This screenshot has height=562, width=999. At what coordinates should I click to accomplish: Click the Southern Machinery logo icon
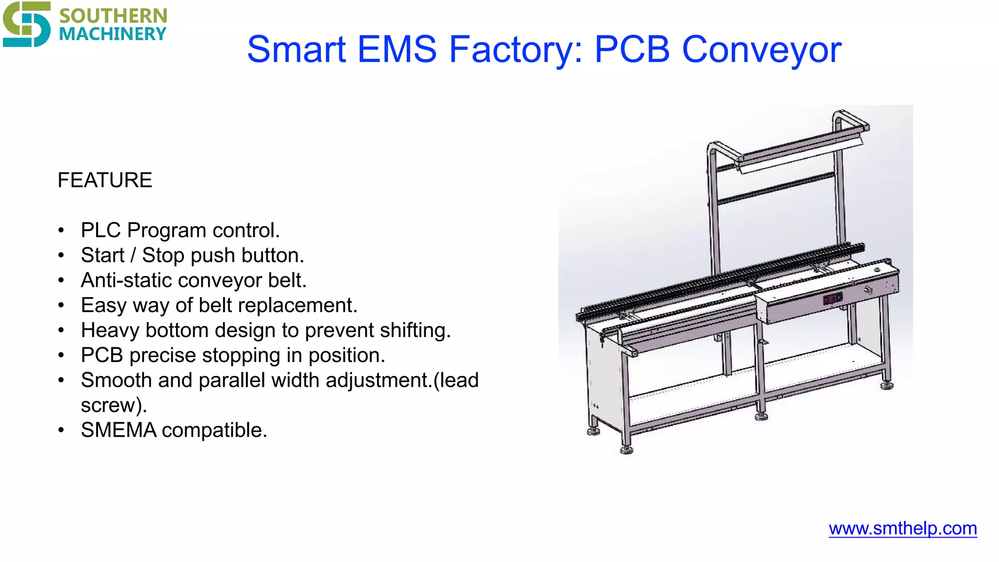(26, 24)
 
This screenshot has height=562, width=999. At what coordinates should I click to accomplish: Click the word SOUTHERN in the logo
(113, 16)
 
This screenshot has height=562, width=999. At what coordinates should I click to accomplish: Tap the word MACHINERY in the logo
(113, 34)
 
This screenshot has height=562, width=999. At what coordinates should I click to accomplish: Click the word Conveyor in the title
(761, 49)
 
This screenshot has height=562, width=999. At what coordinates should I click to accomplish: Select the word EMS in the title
(397, 49)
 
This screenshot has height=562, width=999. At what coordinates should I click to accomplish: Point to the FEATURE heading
(105, 180)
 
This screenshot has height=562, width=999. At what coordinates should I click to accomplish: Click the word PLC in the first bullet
(101, 230)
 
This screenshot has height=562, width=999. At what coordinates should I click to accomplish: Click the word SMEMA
(119, 430)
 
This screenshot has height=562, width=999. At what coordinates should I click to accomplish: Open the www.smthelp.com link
(902, 528)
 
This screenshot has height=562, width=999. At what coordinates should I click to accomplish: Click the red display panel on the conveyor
(833, 298)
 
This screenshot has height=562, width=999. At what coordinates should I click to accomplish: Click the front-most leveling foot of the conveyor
(626, 450)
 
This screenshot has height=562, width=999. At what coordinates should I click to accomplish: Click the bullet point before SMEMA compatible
(61, 430)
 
